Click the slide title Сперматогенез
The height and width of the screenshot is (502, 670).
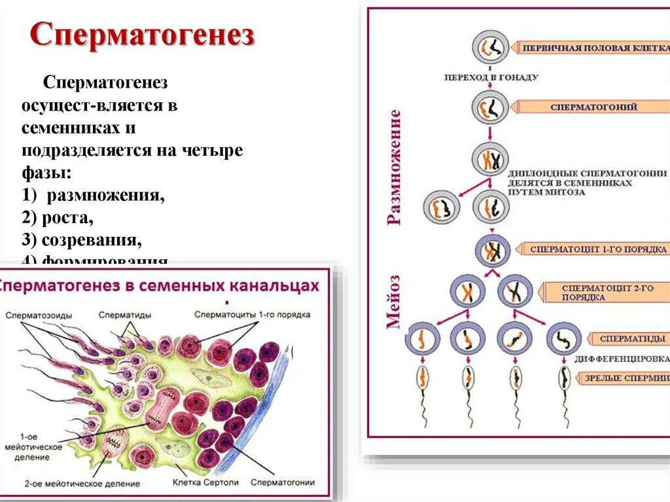click(142, 37)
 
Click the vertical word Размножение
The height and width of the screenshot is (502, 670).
click(394, 168)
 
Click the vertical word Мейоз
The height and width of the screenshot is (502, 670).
click(394, 301)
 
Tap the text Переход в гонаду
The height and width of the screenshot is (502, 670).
click(491, 77)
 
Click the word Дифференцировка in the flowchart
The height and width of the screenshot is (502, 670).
click(622, 359)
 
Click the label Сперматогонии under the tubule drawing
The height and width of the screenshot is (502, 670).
click(284, 482)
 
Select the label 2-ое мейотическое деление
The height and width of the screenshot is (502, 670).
click(82, 484)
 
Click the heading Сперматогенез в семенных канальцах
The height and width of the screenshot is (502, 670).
click(160, 286)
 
